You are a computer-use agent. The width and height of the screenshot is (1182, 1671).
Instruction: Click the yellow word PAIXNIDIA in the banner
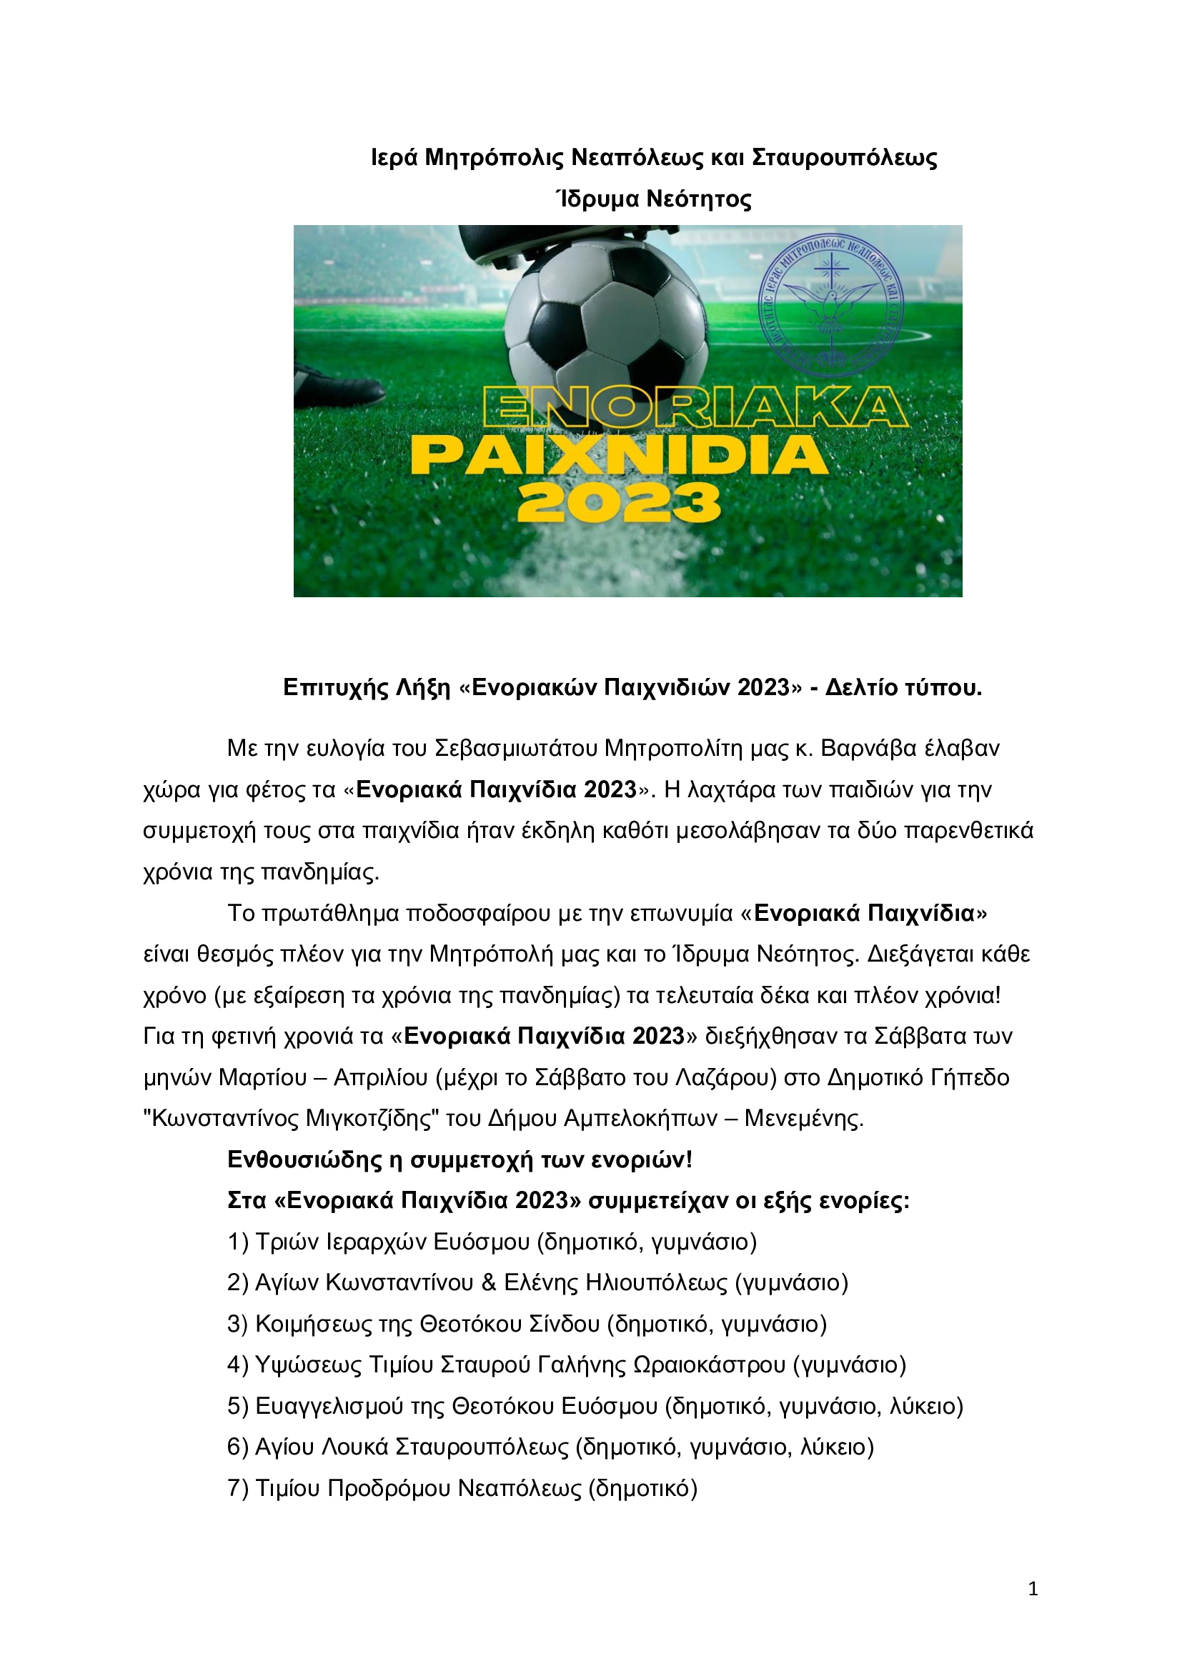click(620, 457)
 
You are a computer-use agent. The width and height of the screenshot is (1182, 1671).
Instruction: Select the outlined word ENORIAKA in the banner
click(695, 406)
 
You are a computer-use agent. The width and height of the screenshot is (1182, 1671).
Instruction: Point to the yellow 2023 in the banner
click(619, 504)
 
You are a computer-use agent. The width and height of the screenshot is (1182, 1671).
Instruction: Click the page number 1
click(1033, 1589)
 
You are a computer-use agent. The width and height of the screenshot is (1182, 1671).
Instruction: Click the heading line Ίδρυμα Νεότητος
click(653, 199)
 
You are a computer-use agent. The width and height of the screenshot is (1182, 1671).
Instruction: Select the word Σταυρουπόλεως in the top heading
click(844, 157)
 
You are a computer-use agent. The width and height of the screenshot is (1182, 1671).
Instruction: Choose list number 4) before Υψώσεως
click(238, 1365)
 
